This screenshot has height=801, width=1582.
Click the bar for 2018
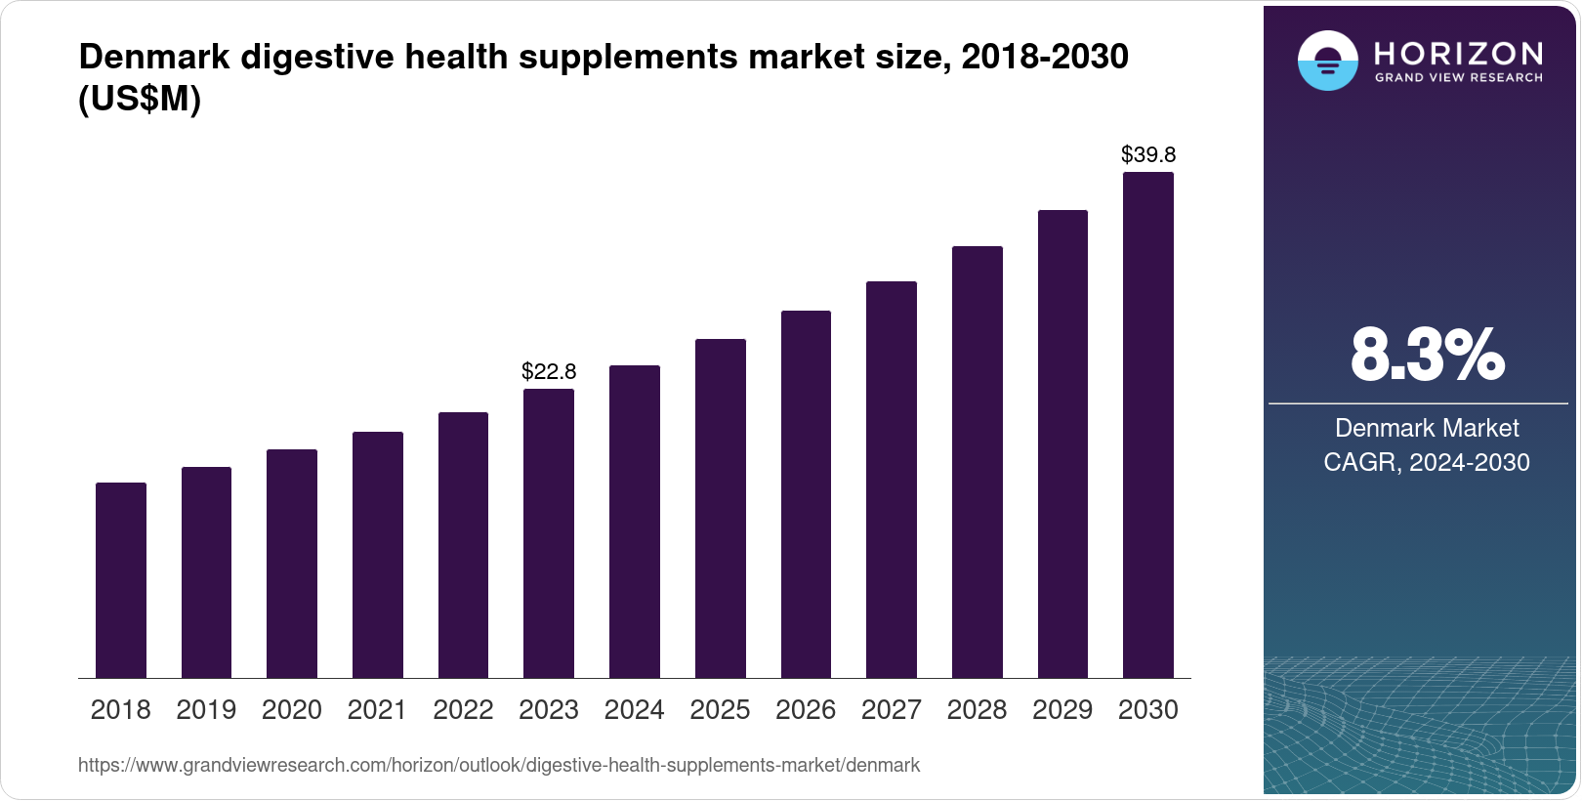[x=121, y=580]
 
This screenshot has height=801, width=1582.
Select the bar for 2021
[x=378, y=555]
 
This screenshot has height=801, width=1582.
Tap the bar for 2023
[x=549, y=533]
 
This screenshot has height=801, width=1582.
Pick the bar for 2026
[x=806, y=494]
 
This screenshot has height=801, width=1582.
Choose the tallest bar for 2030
[x=1148, y=425]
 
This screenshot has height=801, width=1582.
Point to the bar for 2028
[x=978, y=462]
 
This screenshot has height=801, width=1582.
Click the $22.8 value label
[x=549, y=371]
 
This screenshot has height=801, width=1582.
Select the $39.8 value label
[x=1148, y=154]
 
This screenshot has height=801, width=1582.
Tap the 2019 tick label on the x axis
[x=206, y=710]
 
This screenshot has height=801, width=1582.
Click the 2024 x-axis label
[x=634, y=710]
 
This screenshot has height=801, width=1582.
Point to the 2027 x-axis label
[x=892, y=710]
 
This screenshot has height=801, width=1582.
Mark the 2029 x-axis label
[x=1062, y=710]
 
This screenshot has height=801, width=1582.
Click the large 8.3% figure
[x=1427, y=356]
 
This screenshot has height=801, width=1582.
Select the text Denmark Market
[x=1427, y=428]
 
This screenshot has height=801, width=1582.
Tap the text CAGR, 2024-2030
[x=1427, y=462]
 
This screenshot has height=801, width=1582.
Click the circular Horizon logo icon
[x=1327, y=62]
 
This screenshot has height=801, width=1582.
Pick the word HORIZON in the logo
[x=1459, y=53]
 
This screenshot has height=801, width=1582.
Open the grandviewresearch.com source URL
[x=498, y=765]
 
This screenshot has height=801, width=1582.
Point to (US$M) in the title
[x=140, y=99]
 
